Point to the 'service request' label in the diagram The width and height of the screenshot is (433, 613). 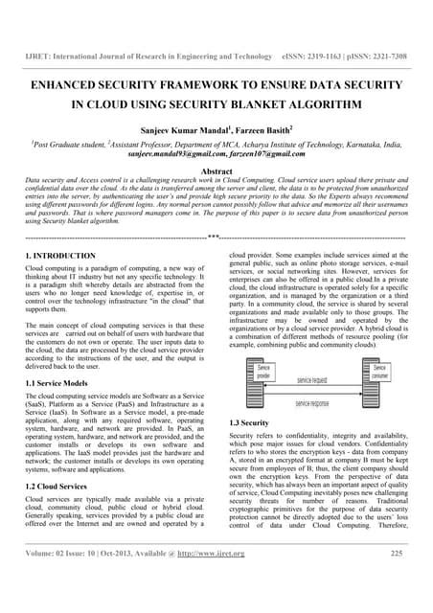pos(323,380)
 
